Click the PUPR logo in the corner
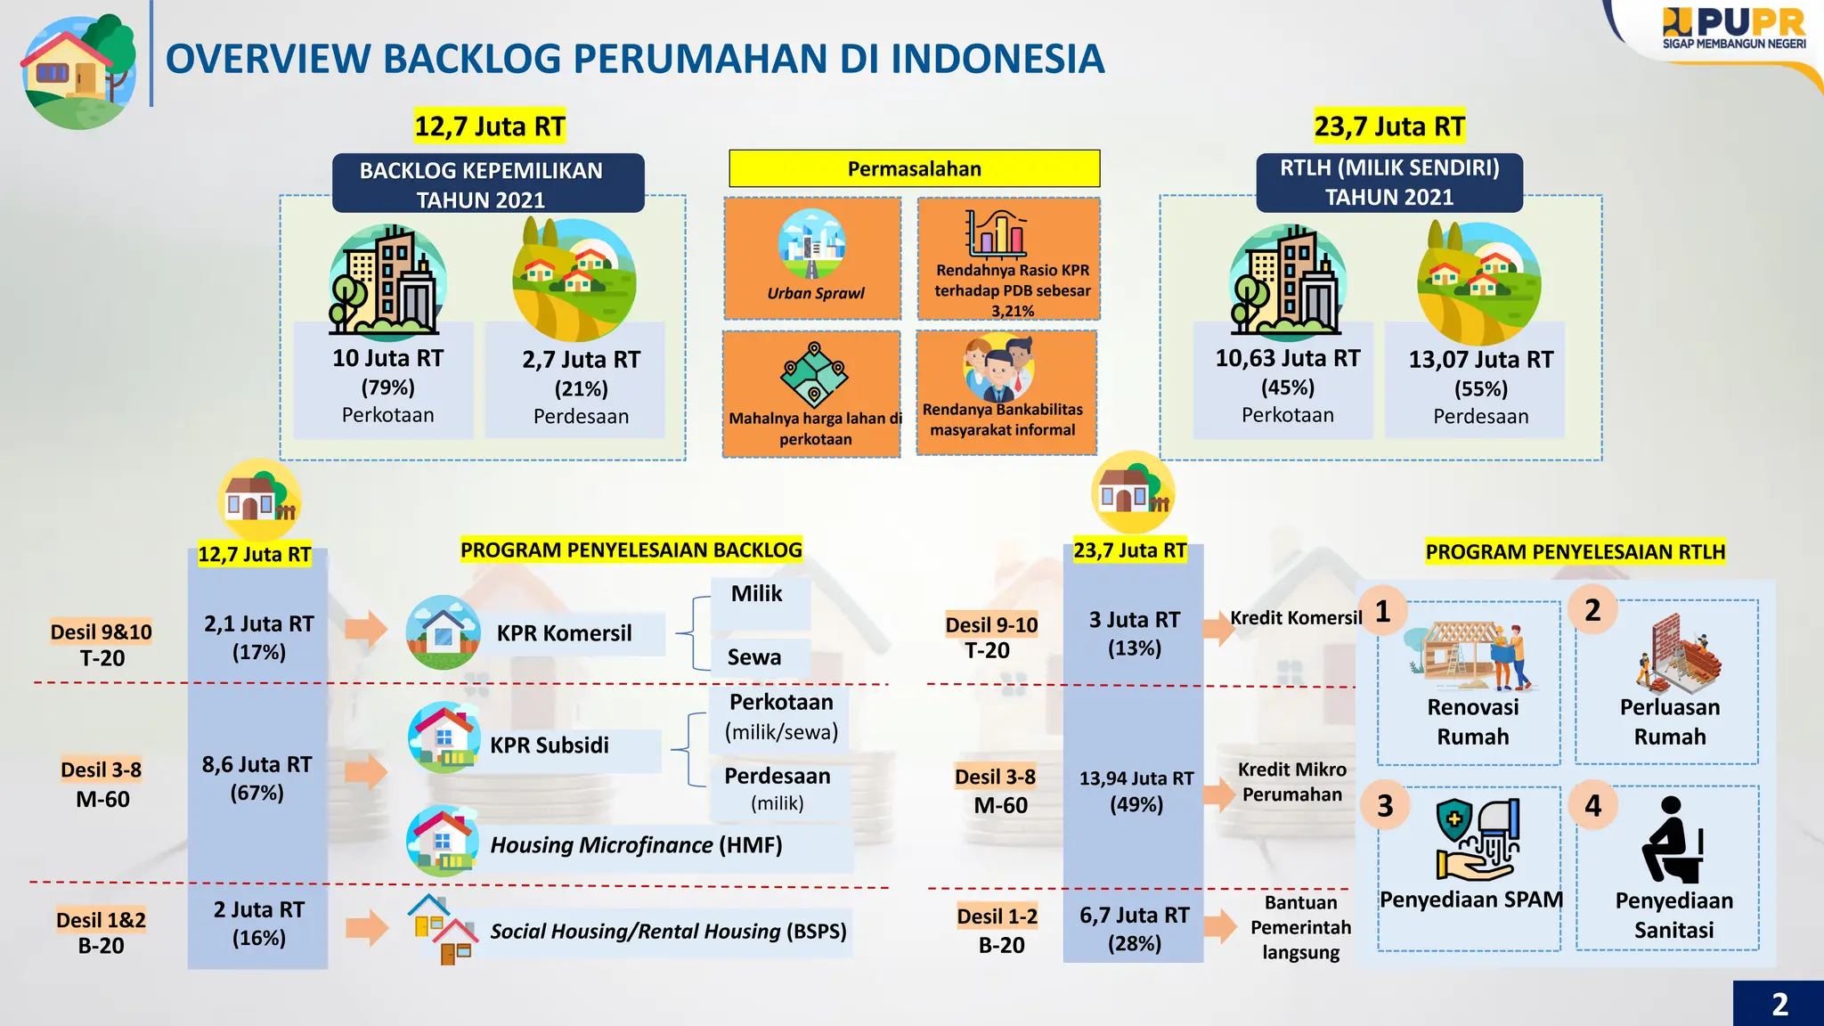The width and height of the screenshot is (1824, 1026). pyautogui.click(x=1732, y=28)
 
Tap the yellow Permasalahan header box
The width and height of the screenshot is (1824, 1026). pyautogui.click(x=914, y=168)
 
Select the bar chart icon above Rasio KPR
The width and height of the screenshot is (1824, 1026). pyautogui.click(x=997, y=233)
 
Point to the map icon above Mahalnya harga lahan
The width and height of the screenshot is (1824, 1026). pyautogui.click(x=814, y=374)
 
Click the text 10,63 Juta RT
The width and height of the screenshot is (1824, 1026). pyautogui.click(x=1288, y=358)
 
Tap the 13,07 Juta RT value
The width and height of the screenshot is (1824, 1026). pyautogui.click(x=1480, y=360)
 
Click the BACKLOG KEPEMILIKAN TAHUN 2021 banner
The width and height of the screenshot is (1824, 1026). pyautogui.click(x=487, y=183)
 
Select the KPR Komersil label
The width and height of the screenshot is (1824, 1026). pyautogui.click(x=564, y=633)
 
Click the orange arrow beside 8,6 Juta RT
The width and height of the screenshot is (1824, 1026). pyautogui.click(x=366, y=771)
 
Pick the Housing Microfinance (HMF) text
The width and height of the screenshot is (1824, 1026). pyautogui.click(x=636, y=844)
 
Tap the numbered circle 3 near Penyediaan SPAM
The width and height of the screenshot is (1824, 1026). pyautogui.click(x=1385, y=806)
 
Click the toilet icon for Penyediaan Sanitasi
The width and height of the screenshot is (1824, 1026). pyautogui.click(x=1672, y=841)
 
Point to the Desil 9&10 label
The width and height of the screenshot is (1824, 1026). pyautogui.click(x=101, y=631)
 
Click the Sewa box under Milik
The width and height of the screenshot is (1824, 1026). pyautogui.click(x=755, y=657)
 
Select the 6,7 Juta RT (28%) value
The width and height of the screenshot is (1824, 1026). pyautogui.click(x=1134, y=929)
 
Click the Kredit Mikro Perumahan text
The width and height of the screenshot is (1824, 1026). pyautogui.click(x=1291, y=782)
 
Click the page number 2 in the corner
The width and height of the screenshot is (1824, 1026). pyautogui.click(x=1779, y=1004)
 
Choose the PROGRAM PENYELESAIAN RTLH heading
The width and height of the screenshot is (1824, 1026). pyautogui.click(x=1575, y=552)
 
